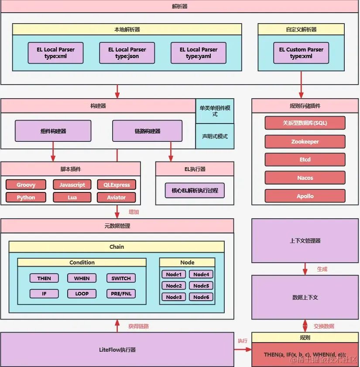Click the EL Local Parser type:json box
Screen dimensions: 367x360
tap(127, 53)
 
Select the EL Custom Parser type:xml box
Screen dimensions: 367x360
tap(301, 53)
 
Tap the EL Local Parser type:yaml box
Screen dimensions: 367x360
tap(198, 53)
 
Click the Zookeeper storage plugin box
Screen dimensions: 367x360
tap(305, 141)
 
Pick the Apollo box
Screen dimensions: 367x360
tap(305, 196)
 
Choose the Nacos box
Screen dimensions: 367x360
tap(305, 178)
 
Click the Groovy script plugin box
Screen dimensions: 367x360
tap(26, 185)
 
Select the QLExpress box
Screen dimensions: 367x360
tap(117, 185)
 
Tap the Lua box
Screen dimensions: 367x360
tap(72, 197)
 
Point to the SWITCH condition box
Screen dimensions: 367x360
tap(121, 278)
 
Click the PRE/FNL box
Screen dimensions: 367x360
tap(121, 294)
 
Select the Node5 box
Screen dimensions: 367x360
tap(201, 286)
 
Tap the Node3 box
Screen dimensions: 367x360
tap(174, 297)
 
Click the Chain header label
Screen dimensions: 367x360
tap(117, 247)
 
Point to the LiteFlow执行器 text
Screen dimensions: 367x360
tap(117, 350)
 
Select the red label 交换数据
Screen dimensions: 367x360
tap(324, 326)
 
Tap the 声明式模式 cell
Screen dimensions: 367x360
tap(215, 136)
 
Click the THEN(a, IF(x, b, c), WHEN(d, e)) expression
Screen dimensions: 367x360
tap(305, 354)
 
